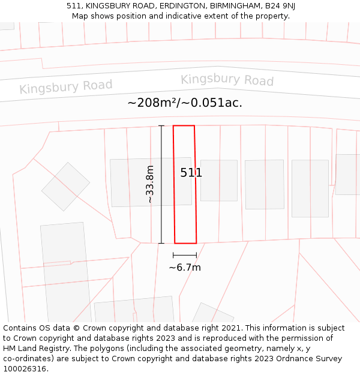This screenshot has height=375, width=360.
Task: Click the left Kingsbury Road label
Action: point(66,86)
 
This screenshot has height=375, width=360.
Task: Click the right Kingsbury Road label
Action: point(227,80)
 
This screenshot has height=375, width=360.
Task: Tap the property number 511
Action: point(191,173)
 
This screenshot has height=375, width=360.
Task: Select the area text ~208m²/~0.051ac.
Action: point(185,103)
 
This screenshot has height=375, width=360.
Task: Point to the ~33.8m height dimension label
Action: point(150,184)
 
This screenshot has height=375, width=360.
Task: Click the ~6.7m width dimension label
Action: point(185,268)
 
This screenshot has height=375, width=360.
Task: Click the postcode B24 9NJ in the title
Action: point(281,5)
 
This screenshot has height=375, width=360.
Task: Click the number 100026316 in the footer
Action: point(24,369)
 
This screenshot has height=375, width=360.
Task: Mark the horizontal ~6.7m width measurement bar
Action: point(185,255)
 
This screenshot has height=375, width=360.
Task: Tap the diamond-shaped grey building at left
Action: point(65,187)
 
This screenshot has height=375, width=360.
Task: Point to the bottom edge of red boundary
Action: point(185,243)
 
